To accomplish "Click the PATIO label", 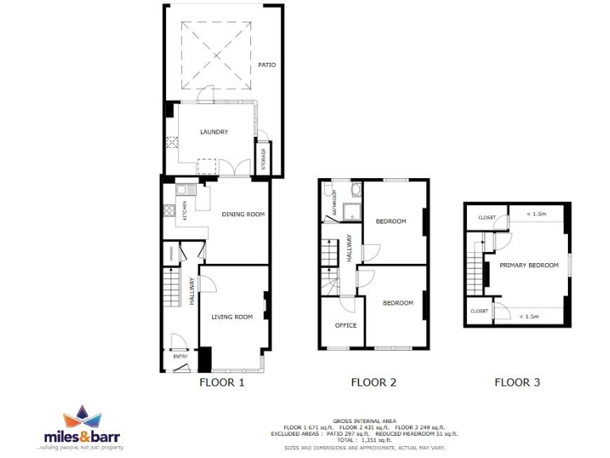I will pyautogui.click(x=267, y=64).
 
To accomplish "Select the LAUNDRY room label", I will pyautogui.click(x=214, y=132).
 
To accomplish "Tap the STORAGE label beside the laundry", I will pyautogui.click(x=264, y=157).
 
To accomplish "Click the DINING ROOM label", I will pyautogui.click(x=243, y=214).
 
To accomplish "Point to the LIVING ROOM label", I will pyautogui.click(x=232, y=316).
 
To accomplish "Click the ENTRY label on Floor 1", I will pyautogui.click(x=180, y=357).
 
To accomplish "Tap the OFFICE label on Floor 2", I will pyautogui.click(x=346, y=325).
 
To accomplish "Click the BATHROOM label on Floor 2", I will pyautogui.click(x=335, y=204).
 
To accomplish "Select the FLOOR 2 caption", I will pyautogui.click(x=373, y=382).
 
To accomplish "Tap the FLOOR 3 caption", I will pyautogui.click(x=517, y=382).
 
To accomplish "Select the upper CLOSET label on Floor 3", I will pyautogui.click(x=486, y=216).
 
